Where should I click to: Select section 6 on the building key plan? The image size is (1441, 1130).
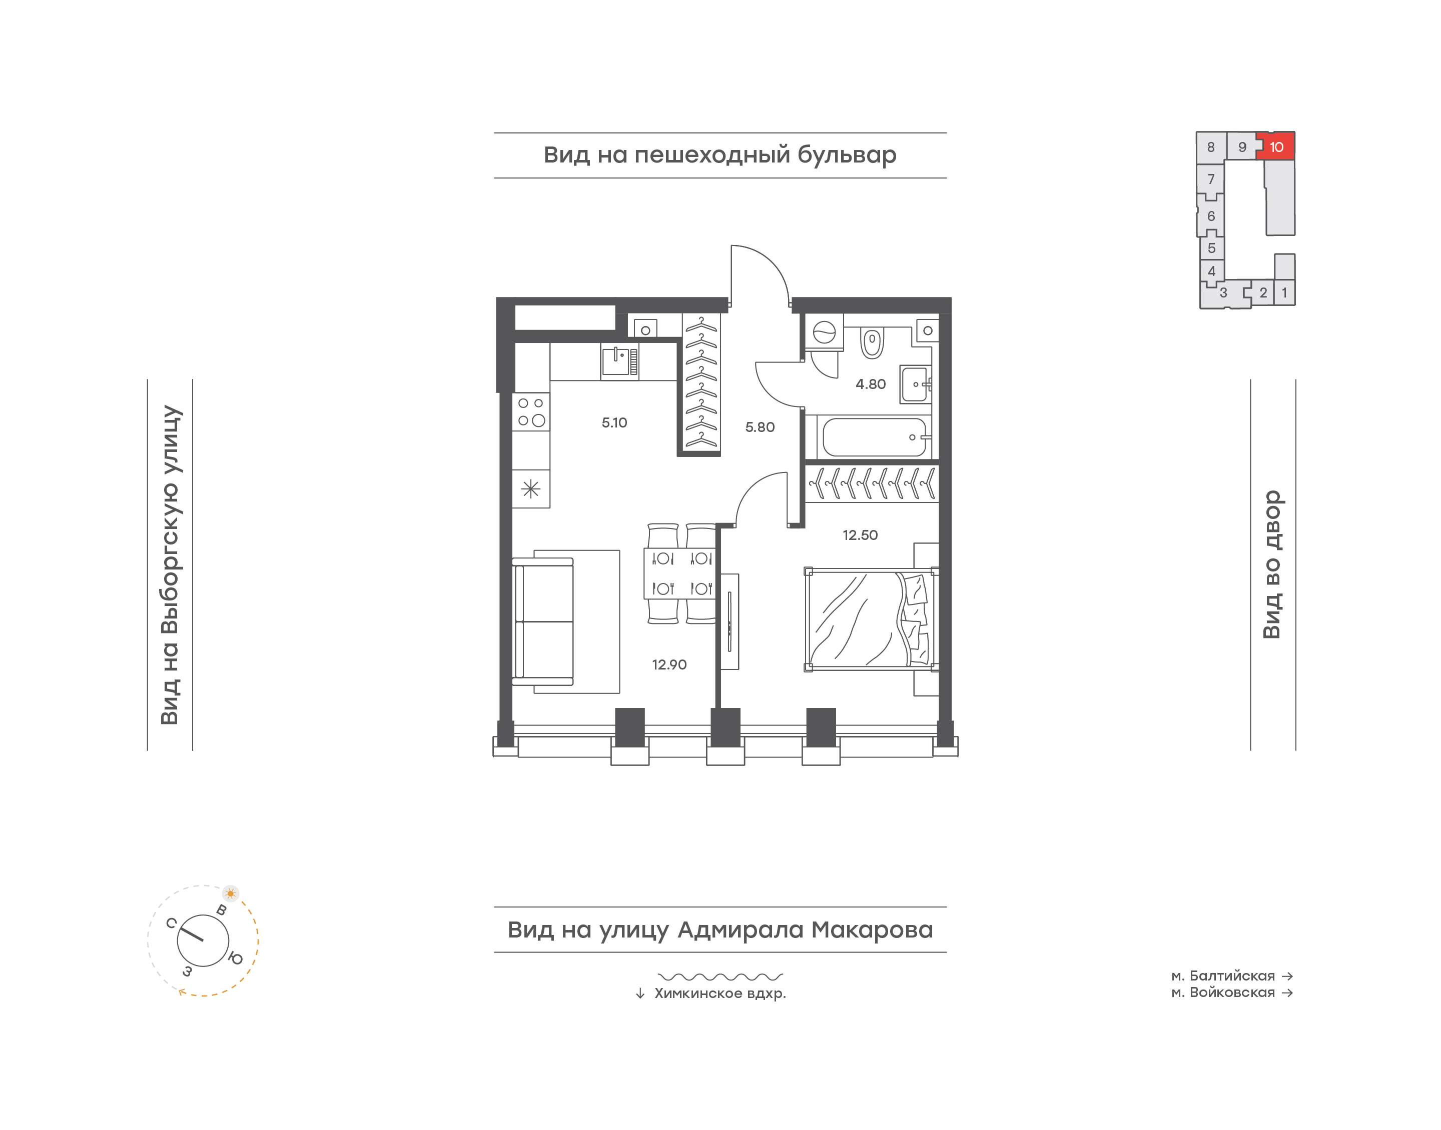pyautogui.click(x=1211, y=215)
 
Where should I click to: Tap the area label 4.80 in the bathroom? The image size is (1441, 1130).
pyautogui.click(x=871, y=383)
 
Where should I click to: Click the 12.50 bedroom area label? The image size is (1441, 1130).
pyautogui.click(x=860, y=534)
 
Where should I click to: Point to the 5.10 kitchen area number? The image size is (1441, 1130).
pyautogui.click(x=614, y=422)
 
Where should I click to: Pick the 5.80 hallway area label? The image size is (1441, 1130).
pyautogui.click(x=760, y=426)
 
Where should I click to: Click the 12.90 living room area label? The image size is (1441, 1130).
pyautogui.click(x=669, y=664)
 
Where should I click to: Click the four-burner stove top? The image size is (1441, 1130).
pyautogui.click(x=531, y=411)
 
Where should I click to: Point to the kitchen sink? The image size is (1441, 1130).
pyautogui.click(x=619, y=361)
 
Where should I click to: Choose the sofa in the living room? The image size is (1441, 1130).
pyautogui.click(x=543, y=621)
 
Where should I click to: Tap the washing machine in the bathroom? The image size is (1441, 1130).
pyautogui.click(x=824, y=331)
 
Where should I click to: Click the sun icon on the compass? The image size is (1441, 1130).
pyautogui.click(x=230, y=893)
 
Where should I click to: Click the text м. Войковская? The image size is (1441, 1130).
pyautogui.click(x=1222, y=992)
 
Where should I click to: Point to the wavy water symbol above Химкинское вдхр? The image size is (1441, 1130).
pyautogui.click(x=720, y=976)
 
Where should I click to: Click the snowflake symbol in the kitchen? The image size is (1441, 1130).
pyautogui.click(x=531, y=489)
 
